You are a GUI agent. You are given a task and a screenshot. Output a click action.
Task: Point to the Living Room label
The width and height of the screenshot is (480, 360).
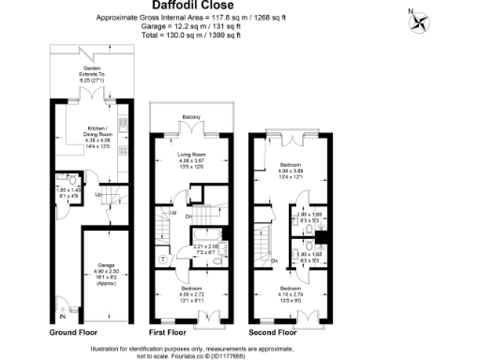(191, 156)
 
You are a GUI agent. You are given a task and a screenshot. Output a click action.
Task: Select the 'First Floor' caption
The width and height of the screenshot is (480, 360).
(171, 332)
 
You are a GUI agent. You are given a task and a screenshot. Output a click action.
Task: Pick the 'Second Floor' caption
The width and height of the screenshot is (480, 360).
(273, 332)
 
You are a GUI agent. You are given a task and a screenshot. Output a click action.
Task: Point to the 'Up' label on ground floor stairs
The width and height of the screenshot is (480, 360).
(98, 194)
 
